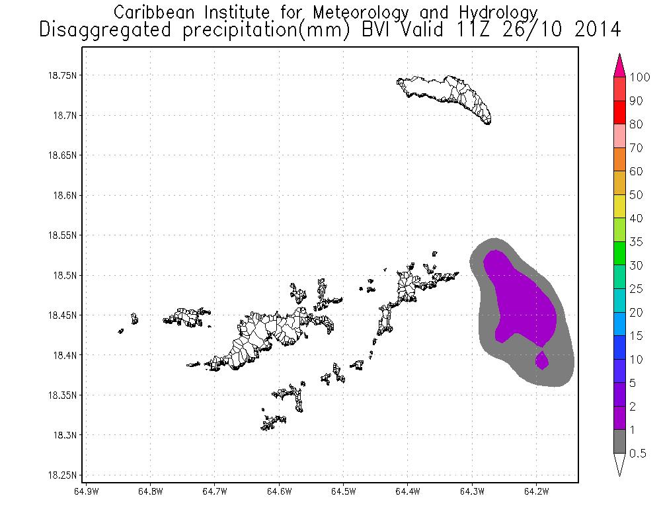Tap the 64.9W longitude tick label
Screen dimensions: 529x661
[x=87, y=491]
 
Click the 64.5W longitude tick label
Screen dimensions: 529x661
[x=344, y=491]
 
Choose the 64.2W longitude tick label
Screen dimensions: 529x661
[x=536, y=491]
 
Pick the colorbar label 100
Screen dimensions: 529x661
[x=641, y=77]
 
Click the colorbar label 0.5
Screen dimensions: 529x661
[x=638, y=453]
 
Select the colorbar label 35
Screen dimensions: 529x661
[x=637, y=242]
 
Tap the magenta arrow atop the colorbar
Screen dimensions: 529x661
[x=620, y=65]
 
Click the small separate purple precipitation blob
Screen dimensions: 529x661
[x=542, y=360]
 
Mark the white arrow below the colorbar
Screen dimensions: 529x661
[x=620, y=464]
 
